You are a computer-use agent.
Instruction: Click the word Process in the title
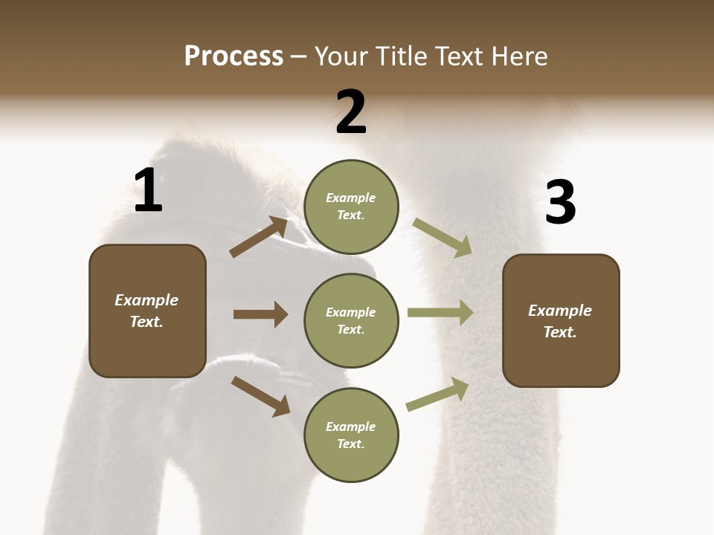click(234, 56)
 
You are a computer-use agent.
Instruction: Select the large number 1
click(148, 191)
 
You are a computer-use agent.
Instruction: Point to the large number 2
click(351, 112)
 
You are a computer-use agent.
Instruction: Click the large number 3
click(560, 203)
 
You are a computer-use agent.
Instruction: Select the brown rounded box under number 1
click(147, 311)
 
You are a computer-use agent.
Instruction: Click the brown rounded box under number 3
click(561, 321)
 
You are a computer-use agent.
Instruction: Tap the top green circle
click(351, 207)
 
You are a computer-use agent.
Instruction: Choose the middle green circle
click(351, 320)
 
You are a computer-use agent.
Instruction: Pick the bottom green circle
click(351, 435)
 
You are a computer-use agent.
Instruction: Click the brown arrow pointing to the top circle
click(258, 237)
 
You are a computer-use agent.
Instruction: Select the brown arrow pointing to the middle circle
click(260, 314)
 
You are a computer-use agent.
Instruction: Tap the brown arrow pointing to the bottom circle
click(260, 395)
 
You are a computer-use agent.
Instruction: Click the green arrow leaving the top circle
click(442, 237)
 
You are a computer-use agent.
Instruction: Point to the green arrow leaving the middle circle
click(440, 313)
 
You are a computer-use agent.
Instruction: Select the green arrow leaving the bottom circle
click(438, 395)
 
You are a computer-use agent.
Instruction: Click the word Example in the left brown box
click(147, 300)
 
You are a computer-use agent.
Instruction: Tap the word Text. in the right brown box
click(560, 332)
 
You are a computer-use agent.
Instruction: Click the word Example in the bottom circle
click(350, 427)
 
